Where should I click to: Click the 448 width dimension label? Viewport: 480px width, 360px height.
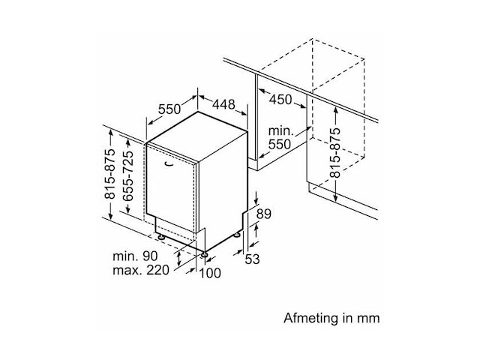[x=223, y=104]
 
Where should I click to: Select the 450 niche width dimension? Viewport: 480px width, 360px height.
[x=280, y=100]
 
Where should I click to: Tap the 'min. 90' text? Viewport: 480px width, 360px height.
[x=135, y=256]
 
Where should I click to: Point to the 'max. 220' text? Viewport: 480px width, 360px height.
[x=141, y=270]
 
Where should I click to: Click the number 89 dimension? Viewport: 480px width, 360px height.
[x=264, y=214]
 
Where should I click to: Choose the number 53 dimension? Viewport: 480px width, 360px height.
[x=252, y=259]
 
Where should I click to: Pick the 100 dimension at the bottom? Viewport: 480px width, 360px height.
[x=210, y=273]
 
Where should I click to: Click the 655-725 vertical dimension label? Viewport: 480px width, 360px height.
[x=128, y=175]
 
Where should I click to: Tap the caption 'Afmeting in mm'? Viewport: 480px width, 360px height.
[x=331, y=318]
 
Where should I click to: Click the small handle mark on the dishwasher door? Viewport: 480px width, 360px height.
[x=168, y=164]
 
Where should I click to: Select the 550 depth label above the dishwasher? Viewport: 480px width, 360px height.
[x=170, y=109]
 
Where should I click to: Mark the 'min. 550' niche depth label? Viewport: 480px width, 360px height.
[x=280, y=138]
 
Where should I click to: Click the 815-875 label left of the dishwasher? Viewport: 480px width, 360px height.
[x=110, y=174]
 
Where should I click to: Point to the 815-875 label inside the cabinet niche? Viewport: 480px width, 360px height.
[x=335, y=153]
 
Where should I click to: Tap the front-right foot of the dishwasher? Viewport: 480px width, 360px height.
[x=204, y=254]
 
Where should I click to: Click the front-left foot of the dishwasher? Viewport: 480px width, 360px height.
[x=160, y=237]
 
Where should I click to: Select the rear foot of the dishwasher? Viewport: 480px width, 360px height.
[x=237, y=235]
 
